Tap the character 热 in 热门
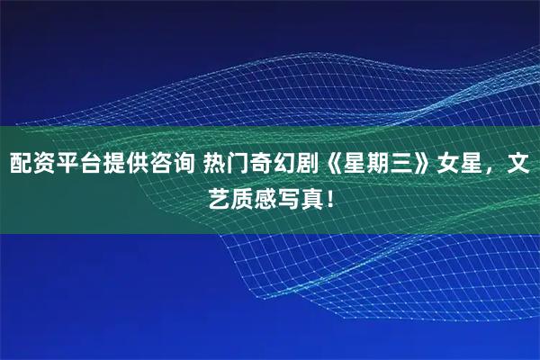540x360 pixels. (214, 163)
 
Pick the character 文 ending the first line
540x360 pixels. (518, 163)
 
